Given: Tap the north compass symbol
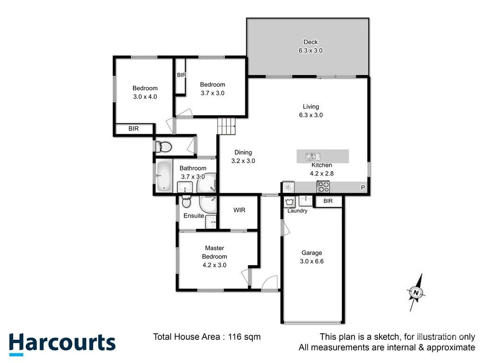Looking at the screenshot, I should tap(415, 293).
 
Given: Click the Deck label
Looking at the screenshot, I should tap(311, 42).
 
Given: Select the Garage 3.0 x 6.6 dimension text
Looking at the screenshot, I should tap(311, 261).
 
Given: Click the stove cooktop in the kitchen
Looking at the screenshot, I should tap(323, 187).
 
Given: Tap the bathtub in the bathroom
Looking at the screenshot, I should tap(164, 176).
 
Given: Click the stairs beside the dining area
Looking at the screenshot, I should tap(226, 126).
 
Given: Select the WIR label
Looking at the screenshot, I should tap(240, 210).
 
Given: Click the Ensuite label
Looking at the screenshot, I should tap(194, 216).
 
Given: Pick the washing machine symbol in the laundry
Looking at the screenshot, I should tap(290, 201).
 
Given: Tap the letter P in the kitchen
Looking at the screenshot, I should tap(363, 188).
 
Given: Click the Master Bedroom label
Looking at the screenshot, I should tap(214, 252).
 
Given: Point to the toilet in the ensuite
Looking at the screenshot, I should tap(186, 203).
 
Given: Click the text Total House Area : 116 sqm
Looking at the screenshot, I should tap(207, 337).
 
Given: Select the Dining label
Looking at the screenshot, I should tap(243, 153).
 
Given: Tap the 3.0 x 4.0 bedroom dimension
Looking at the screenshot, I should tap(145, 96).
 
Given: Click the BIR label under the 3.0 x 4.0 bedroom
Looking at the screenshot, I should tap(134, 129).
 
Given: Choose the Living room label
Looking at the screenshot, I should tap(311, 107).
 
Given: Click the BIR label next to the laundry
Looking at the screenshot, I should tap(328, 201).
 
